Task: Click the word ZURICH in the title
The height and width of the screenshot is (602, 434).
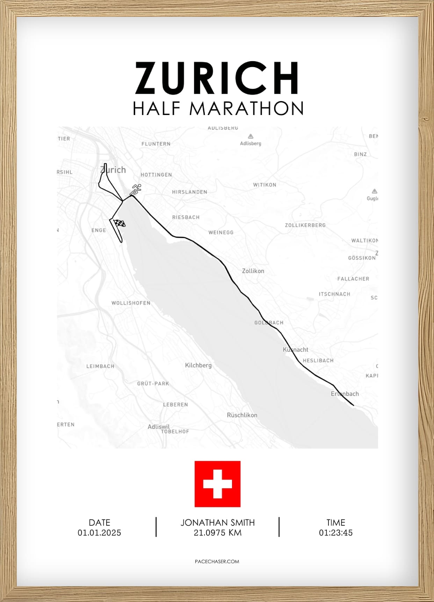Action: coord(217,78)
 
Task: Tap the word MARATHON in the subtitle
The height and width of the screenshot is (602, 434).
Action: coord(246,108)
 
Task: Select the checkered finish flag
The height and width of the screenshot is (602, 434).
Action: coord(120,223)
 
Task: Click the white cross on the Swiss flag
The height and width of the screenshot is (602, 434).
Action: coord(217,484)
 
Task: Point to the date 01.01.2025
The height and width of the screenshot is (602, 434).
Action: coord(99,533)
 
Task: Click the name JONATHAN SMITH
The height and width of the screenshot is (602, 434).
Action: coord(217,523)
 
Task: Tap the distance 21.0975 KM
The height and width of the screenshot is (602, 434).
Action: coord(217,533)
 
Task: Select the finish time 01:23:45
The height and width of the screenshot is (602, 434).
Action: coord(335,533)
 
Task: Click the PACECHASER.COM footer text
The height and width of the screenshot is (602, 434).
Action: coord(217,561)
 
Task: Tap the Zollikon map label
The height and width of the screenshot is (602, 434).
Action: coord(253,271)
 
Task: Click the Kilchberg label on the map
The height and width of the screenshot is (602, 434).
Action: coord(198,365)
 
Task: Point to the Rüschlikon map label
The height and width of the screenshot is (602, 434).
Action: coord(242,415)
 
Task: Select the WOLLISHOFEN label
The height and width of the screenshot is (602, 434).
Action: coord(131,303)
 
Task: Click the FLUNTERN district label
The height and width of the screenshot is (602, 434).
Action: coord(156,144)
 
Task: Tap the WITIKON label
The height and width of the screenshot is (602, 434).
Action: coord(265,185)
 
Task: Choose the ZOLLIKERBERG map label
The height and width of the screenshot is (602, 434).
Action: coord(305,225)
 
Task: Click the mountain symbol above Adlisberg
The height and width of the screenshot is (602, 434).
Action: coord(251,136)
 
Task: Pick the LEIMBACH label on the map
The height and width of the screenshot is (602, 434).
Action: coord(100,366)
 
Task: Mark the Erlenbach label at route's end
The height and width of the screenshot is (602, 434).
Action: coord(345,394)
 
